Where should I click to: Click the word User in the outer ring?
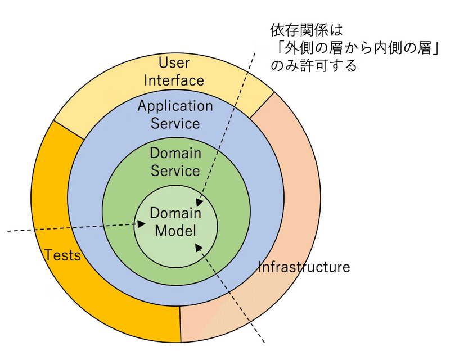[174, 62]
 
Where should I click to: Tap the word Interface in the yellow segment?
[174, 80]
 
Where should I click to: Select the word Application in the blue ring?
[175, 106]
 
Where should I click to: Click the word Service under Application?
[175, 123]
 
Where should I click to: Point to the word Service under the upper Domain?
[175, 171]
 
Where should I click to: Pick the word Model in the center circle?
[175, 231]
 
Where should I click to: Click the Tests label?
[62, 255]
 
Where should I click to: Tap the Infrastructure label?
[304, 267]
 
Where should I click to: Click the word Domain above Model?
[175, 213]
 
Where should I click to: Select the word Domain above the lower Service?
[175, 153]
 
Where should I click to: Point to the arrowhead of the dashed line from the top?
[200, 202]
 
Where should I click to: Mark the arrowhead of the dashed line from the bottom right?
[199, 247]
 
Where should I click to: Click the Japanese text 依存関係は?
[307, 30]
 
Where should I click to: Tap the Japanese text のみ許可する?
[314, 66]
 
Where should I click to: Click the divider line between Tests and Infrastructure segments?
[180, 325]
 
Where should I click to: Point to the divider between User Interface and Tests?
[69, 130]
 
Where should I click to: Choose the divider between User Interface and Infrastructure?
[262, 105]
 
